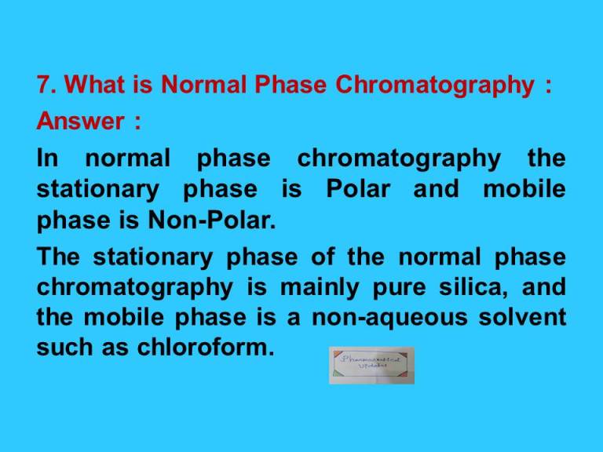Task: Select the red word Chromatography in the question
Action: pyautogui.click(x=433, y=86)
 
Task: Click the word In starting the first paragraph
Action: pyautogui.click(x=47, y=159)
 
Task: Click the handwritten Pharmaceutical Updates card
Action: pyautogui.click(x=371, y=365)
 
